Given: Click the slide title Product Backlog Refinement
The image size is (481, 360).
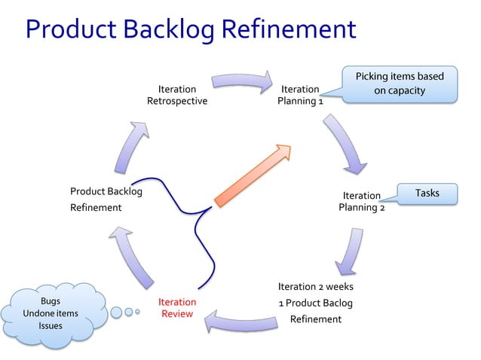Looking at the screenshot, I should pos(190,29).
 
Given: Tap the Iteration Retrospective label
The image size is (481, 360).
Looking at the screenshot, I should pos(177,95).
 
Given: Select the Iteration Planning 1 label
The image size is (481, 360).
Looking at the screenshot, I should pos(300,95).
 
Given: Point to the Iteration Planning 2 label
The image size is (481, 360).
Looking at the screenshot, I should pos(362,202).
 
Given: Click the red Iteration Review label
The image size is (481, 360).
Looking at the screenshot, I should pos(177,307).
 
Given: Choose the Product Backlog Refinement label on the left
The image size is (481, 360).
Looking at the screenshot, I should pos(106,199).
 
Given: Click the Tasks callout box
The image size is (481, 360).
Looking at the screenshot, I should pos(427,194).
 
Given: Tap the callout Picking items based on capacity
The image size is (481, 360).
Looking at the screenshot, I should pos(400,83).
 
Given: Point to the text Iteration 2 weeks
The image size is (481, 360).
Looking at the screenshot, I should pos(315,286).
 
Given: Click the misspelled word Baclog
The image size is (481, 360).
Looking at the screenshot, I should pos(336,303).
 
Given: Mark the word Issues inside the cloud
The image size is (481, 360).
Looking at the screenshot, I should pos(51,326).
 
